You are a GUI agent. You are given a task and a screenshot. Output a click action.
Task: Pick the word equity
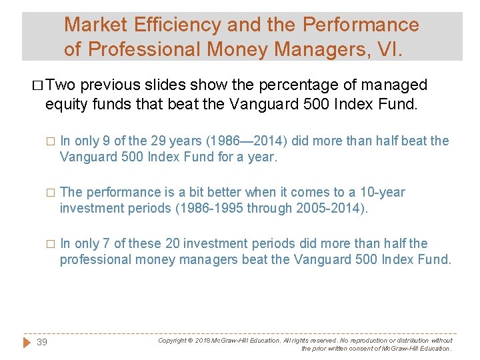65,103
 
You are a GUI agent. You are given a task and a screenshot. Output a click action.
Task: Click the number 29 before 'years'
169,141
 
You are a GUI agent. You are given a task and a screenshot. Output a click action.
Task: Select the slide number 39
41,342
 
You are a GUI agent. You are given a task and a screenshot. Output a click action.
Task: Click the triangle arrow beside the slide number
27,342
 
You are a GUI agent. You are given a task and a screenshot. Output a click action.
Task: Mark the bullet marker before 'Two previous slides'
37,85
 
